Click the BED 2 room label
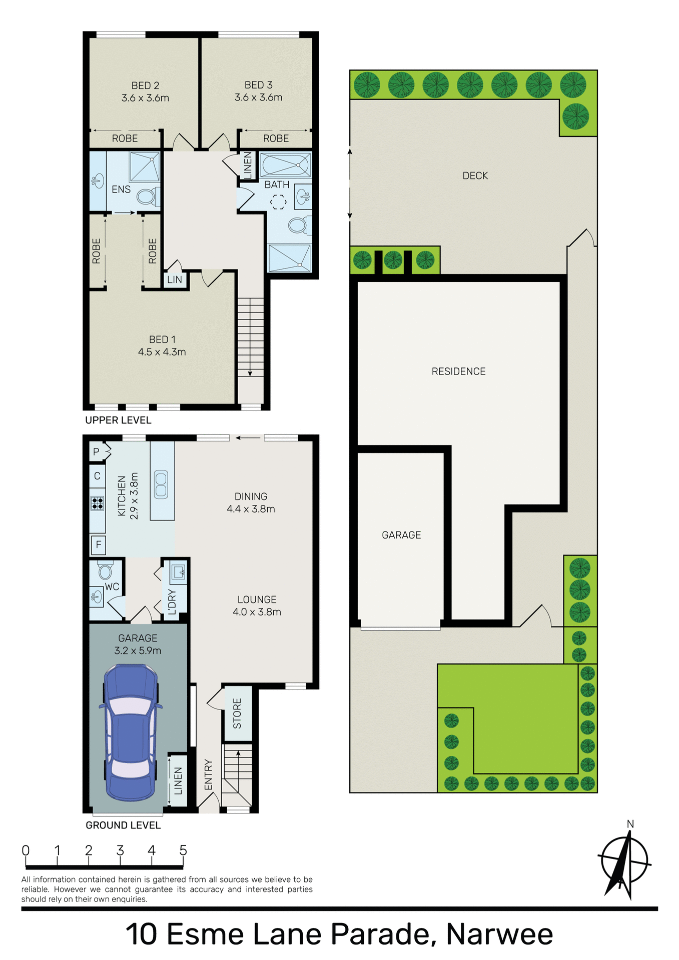(145, 85)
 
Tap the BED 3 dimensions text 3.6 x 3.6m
(258, 97)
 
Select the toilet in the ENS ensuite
(146, 196)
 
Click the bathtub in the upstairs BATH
(285, 164)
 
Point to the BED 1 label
(162, 339)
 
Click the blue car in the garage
(130, 731)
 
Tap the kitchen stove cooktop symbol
(97, 503)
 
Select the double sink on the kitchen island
(161, 484)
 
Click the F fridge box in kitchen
(99, 544)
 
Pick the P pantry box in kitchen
(97, 451)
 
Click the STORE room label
(237, 713)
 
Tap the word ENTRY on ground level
(209, 775)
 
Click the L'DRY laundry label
(172, 601)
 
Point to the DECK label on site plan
(475, 176)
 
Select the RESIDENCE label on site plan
(458, 371)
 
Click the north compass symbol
(624, 862)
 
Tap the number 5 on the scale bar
(183, 850)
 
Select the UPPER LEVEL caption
(118, 420)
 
